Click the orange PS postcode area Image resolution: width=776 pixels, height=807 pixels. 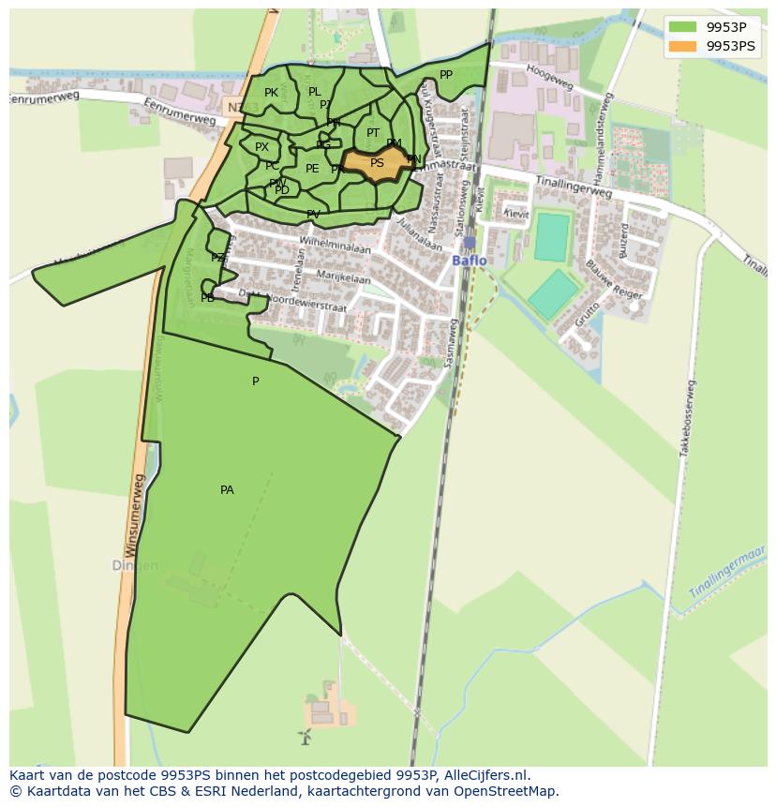377,163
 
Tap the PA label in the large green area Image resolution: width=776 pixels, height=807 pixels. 227,490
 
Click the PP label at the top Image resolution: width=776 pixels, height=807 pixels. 446,75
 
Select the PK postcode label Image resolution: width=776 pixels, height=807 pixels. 271,93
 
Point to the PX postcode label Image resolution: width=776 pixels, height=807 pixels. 261,147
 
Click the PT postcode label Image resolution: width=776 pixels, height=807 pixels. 373,133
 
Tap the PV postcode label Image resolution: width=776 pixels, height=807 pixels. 313,215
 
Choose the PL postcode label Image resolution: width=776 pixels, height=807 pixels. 314,92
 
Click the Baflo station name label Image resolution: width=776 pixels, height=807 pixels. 470,261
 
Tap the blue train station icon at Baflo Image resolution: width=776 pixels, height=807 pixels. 470,243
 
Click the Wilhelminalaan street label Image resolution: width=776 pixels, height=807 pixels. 335,246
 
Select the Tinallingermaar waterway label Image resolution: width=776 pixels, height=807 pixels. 727,573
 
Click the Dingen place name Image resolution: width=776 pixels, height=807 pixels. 135,566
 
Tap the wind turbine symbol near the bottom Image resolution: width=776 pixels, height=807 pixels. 304,737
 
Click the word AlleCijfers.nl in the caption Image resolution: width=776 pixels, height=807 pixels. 484,775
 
